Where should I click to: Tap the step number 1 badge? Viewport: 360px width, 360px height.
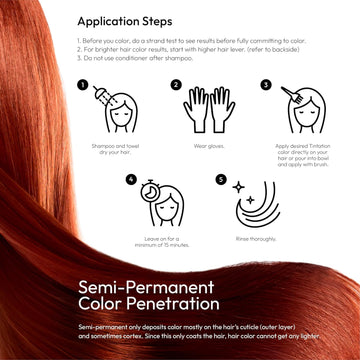tap(82, 84)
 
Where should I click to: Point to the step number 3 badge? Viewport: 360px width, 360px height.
tap(266, 84)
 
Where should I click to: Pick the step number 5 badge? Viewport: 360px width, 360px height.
tap(221, 181)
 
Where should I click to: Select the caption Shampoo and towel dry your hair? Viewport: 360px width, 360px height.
tap(116, 150)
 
